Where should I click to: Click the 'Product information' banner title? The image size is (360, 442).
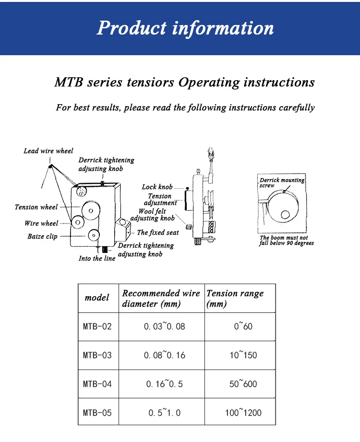185,27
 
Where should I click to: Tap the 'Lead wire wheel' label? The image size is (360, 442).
48,151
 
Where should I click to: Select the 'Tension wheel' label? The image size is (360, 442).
36,207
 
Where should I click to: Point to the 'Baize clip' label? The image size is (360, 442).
42,236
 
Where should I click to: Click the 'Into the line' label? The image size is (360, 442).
97,259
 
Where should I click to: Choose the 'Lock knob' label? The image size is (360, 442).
157,187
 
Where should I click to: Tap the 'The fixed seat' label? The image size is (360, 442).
157,232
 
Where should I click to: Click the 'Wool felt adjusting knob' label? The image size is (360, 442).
153,215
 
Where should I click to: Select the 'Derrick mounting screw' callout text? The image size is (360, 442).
282,182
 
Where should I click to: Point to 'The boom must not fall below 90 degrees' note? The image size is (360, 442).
287,240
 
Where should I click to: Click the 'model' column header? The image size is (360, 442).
97,298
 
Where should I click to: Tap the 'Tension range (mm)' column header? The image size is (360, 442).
235,298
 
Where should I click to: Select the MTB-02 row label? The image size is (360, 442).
97,326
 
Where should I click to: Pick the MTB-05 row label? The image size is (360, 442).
97,412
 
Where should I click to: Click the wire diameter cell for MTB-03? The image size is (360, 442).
164,355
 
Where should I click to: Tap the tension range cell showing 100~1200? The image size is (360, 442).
243,412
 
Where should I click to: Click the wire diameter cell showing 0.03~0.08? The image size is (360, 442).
164,326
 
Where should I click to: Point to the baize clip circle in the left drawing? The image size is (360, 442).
93,235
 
